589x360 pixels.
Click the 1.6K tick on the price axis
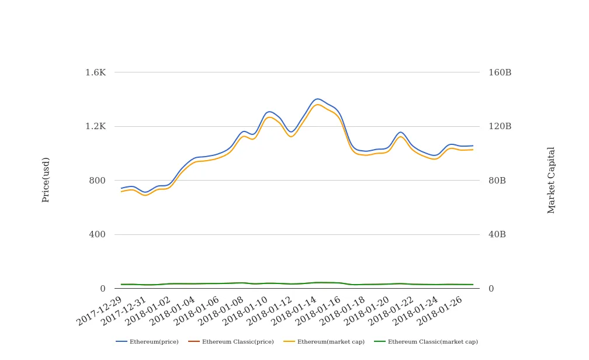click(x=95, y=72)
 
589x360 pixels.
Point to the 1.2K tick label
click(x=95, y=126)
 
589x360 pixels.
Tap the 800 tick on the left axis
click(x=97, y=181)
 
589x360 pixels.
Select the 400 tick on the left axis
click(x=97, y=234)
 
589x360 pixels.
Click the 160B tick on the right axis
click(x=500, y=72)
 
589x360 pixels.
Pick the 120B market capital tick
click(x=500, y=126)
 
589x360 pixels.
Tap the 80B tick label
click(x=497, y=181)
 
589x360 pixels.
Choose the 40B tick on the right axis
click(x=497, y=234)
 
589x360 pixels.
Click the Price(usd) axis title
click(x=46, y=179)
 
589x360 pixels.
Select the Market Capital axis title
click(x=552, y=179)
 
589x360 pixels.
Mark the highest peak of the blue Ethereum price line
click(x=317, y=99)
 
